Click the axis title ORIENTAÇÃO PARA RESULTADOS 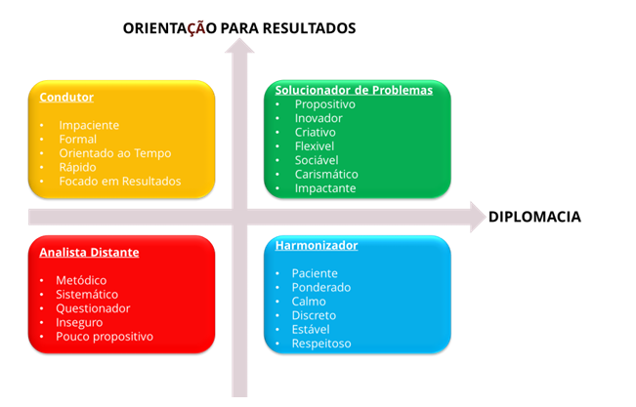239,28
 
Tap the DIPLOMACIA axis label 534,217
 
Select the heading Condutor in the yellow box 66,98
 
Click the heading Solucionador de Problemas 354,90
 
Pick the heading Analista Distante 89,252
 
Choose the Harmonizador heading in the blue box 317,245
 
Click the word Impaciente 89,125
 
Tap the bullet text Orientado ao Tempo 115,153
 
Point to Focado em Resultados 120,182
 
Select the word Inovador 318,118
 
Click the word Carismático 326,175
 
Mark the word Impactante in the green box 325,188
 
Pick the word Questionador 93,308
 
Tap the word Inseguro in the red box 79,323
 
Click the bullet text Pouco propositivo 105,337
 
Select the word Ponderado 321,287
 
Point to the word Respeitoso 321,344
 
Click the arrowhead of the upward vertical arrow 239,46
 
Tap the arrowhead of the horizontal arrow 478,217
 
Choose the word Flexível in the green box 315,146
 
